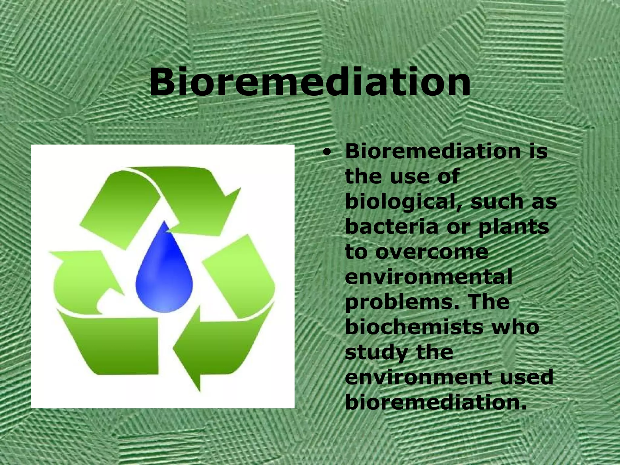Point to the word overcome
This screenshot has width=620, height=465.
pos(432,252)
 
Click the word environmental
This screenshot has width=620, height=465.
pos(428,277)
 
